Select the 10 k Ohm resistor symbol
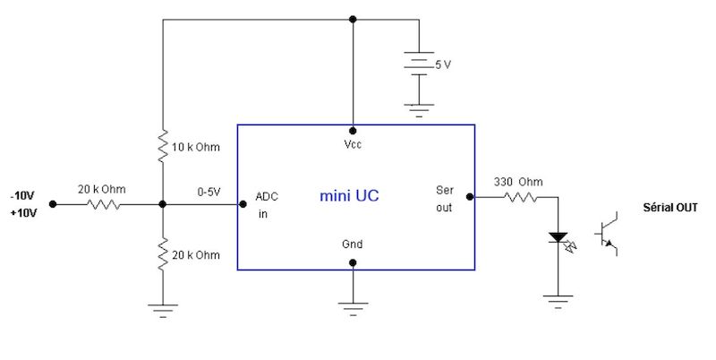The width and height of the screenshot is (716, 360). pos(162,147)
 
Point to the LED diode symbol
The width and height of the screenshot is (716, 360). pos(558,238)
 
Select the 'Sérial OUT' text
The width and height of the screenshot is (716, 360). pos(669,208)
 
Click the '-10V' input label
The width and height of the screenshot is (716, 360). pos(22,195)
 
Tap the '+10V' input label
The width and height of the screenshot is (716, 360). pos(22,213)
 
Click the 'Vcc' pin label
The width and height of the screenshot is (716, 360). pos(353,144)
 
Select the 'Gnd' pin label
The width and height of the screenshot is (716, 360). pos(353,244)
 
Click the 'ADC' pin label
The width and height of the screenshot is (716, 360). pos(267,196)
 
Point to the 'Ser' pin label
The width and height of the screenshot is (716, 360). pos(445,190)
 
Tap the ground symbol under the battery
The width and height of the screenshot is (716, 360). pos(417,109)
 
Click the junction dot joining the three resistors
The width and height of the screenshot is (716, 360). pos(162,204)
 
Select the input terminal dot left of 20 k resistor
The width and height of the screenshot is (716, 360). pos(53,204)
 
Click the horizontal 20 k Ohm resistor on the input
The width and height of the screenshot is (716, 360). pos(102,204)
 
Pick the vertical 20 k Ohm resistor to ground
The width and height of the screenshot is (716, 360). pos(162,255)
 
